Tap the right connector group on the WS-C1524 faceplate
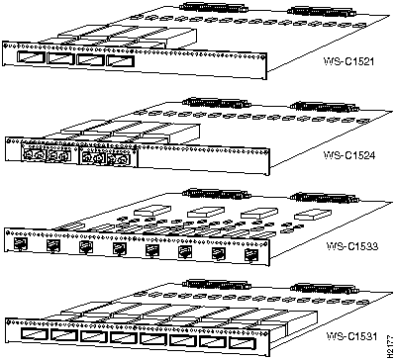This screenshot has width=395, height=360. click(105, 156)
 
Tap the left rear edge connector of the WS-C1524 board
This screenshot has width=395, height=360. click(211, 102)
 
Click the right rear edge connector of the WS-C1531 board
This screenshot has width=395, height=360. click(310, 285)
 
